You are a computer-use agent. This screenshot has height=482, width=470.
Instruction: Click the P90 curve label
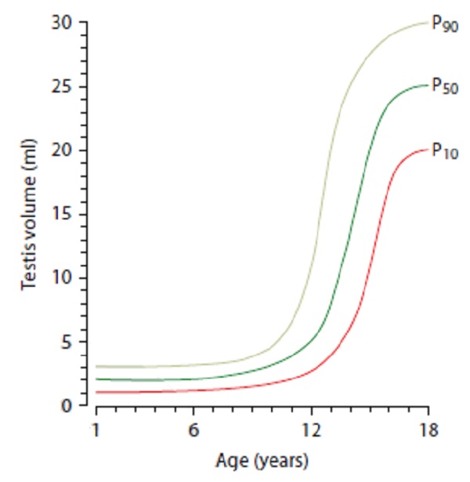[x=445, y=24]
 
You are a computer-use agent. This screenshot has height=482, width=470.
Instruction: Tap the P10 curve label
[x=445, y=150]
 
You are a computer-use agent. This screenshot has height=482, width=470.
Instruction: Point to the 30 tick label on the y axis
[x=62, y=23]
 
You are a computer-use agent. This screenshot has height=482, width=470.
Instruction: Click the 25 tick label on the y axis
[x=62, y=87]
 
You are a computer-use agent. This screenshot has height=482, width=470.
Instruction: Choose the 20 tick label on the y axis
[x=62, y=150]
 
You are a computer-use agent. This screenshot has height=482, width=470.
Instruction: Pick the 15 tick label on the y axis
[x=63, y=214]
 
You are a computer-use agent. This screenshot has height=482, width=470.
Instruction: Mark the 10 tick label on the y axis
[x=63, y=277]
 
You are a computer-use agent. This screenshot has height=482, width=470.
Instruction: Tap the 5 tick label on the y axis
[x=67, y=342]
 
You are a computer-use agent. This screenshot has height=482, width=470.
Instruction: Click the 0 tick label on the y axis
[x=67, y=406]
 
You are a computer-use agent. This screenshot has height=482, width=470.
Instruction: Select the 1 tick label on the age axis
[x=96, y=430]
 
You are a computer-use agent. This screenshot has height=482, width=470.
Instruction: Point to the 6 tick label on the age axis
[x=193, y=430]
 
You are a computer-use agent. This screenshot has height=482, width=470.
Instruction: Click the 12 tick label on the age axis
[x=311, y=430]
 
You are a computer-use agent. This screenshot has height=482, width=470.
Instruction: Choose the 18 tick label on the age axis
[x=428, y=430]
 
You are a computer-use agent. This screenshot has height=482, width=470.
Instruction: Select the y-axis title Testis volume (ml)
[x=29, y=215]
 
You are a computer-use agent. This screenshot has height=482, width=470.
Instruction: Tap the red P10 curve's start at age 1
[x=96, y=392]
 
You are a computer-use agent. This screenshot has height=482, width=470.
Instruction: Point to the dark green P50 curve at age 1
[x=96, y=379]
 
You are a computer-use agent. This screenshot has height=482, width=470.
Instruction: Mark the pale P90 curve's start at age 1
[x=96, y=367]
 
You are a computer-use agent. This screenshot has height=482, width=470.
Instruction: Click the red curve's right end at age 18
[x=428, y=150]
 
